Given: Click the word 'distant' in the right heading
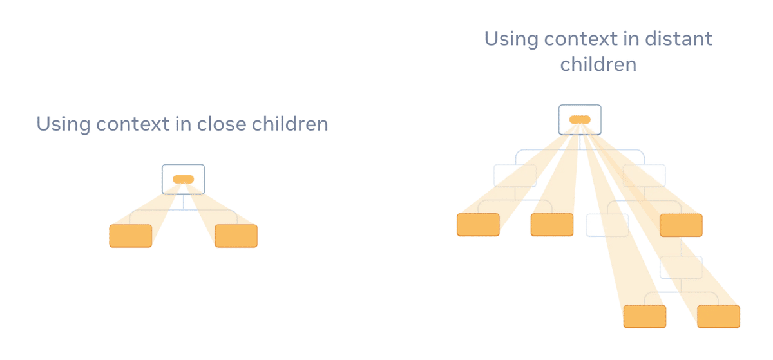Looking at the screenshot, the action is pos(678,39).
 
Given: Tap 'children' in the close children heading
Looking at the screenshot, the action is pos(290,124).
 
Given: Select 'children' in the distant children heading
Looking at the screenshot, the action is pos(598,64).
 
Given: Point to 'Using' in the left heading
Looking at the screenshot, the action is pos(63,124).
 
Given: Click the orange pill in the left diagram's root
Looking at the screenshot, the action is pos(183,179).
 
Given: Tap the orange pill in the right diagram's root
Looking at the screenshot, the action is pos(580,119).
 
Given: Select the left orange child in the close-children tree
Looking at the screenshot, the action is pos(131,236).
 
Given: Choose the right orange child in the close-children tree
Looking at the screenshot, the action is pos(236,236).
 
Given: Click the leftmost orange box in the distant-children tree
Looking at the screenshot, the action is pos(478,225).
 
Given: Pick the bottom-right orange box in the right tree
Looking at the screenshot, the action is pos(718,316).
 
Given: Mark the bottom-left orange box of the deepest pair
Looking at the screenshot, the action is pos(645,316).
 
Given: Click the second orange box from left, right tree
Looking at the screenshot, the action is pos(552,225).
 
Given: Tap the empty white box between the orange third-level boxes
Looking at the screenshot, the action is pos(607,225).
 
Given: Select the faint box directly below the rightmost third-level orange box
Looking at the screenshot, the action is pos(682,267).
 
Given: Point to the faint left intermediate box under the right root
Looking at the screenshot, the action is pos(515,176).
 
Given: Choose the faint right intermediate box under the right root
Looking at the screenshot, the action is pos(644,176).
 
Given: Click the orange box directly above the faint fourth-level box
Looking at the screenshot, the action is pos(682,225).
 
